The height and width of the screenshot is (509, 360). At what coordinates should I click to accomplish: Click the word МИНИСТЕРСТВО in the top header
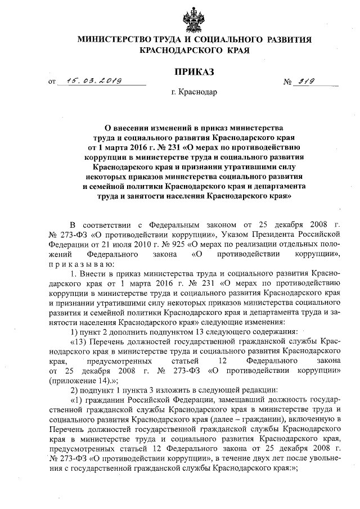click(x=111, y=39)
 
